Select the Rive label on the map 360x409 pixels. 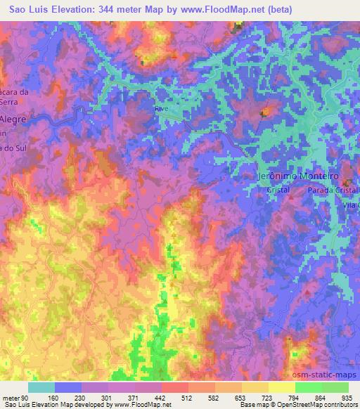click(162, 109)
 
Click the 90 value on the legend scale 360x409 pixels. click(25, 398)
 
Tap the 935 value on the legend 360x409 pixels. click(347, 398)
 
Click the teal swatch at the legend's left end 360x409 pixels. click(41, 387)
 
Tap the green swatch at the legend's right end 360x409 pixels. click(335, 387)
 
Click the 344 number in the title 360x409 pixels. click(109, 8)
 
